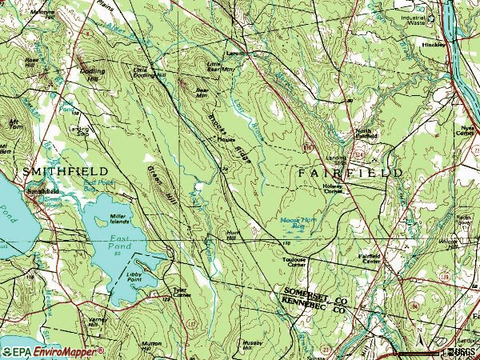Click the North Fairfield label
[x=365, y=134]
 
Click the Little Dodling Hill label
[x=148, y=72]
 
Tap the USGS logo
[x=463, y=352]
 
